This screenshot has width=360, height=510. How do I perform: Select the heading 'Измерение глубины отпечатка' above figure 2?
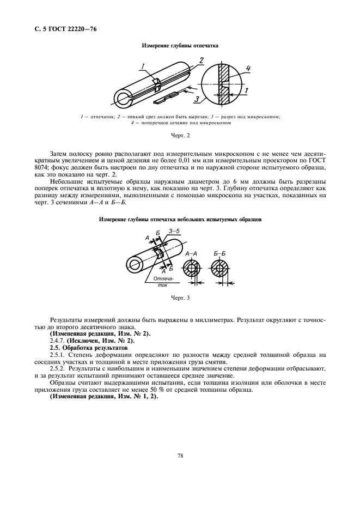pos(180,46)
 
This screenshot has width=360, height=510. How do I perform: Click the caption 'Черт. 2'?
pos(180,135)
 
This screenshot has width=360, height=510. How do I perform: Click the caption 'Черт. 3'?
pos(180,297)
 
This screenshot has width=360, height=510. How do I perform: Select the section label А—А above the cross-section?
pos(192,254)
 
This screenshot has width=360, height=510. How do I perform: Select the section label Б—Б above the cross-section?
pos(221,254)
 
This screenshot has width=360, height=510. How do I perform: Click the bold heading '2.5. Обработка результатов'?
pos(89,347)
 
